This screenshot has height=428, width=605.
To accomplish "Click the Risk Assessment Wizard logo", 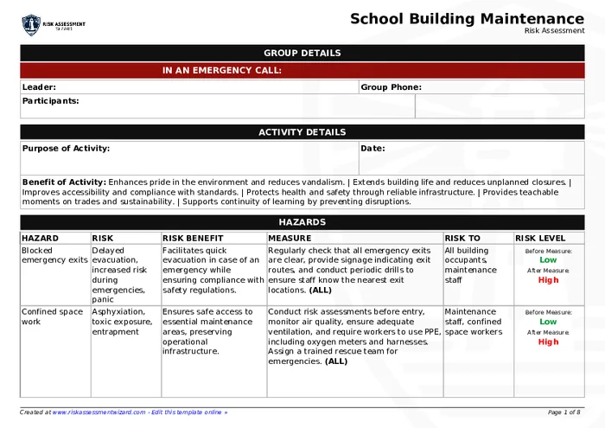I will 53,25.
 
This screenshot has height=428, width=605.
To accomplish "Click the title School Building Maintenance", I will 467,19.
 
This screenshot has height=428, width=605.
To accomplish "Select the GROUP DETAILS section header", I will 302,53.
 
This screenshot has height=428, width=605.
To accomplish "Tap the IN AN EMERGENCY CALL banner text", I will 222,71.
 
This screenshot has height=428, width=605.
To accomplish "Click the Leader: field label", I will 39,87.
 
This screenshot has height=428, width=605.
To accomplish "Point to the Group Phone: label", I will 391,87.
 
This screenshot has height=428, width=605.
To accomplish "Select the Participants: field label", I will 50,101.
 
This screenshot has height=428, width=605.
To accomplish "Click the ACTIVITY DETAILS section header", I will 302,132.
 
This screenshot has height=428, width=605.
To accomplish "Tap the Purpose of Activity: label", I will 66,149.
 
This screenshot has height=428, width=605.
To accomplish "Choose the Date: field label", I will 373,149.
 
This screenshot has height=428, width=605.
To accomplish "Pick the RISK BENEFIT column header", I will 193,238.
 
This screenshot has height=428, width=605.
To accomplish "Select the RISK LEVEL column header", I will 540,238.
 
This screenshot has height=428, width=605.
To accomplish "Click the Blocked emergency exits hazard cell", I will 54,255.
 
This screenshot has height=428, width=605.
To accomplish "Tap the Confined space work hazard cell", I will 52,316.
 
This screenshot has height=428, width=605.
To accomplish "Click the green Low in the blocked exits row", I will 548,259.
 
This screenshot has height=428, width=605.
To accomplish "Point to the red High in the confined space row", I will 548,342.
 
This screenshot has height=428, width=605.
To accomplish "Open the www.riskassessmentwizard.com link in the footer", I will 99,412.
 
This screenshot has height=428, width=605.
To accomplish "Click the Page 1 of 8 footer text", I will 564,412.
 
